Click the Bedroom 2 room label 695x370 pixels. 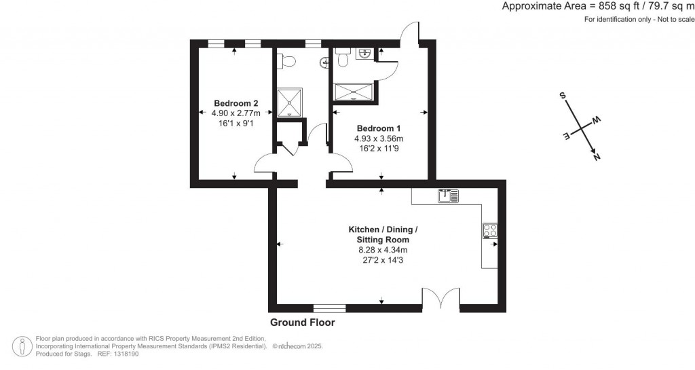tap(236, 103)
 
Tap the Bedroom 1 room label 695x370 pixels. tap(379, 128)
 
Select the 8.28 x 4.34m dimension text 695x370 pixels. tap(383, 250)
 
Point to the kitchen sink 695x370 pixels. tap(449, 196)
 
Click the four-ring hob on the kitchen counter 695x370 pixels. tap(490, 230)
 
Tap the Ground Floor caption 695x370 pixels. tap(302, 322)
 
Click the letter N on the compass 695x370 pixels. tap(597, 156)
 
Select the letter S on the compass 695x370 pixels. tap(563, 95)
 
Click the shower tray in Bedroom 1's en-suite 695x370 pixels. tap(354, 92)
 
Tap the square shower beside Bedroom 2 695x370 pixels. tap(289, 103)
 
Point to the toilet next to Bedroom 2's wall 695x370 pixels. tap(286, 62)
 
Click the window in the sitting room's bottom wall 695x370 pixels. tap(329, 308)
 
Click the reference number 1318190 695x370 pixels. tap(126, 354)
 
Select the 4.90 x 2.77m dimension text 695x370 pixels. tap(236, 113)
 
